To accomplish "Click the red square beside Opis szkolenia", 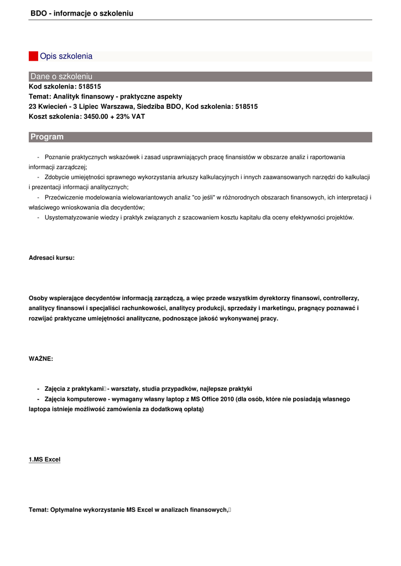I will point(33,56).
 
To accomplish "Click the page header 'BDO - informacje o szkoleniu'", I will point(82,13).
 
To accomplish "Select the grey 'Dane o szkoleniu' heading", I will point(61,76).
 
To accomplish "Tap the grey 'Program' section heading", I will point(47,137).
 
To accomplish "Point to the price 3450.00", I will point(96,117).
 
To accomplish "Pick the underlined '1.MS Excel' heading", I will point(44,459).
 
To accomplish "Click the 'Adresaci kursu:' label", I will point(51,258).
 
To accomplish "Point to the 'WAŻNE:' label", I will point(41,359).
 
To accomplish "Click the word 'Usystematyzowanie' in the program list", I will point(71,217).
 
